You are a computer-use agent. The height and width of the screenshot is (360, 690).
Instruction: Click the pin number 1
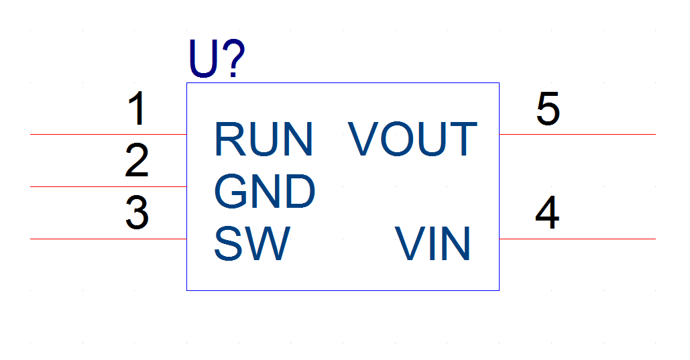[x=137, y=108]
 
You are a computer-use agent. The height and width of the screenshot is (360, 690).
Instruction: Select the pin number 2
[x=137, y=160]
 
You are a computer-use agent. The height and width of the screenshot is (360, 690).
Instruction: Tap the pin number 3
[x=137, y=213]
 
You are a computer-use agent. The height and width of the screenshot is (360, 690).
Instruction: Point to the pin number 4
[x=547, y=213]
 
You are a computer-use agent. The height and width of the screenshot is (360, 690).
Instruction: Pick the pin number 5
[x=548, y=108]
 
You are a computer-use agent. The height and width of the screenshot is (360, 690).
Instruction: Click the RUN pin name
[x=264, y=139]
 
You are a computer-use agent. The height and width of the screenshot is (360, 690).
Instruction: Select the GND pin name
[x=264, y=191]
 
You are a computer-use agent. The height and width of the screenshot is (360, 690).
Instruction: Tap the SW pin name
[x=252, y=243]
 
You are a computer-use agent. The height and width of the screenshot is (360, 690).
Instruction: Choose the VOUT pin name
[x=412, y=139]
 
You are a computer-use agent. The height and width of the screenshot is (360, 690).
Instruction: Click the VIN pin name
[x=433, y=243]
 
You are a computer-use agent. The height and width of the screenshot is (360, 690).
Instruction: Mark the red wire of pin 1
[x=108, y=134]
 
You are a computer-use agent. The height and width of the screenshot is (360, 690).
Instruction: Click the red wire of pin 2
[x=108, y=186]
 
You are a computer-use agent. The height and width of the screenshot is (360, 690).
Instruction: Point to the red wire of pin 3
[x=108, y=239]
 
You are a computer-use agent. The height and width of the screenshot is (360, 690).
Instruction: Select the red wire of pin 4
[x=577, y=239]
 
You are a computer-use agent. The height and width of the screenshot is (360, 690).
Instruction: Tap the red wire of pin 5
[x=577, y=134]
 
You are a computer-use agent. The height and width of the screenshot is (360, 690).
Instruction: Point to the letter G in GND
[x=231, y=191]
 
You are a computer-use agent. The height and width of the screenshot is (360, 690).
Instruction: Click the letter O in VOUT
[x=398, y=139]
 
